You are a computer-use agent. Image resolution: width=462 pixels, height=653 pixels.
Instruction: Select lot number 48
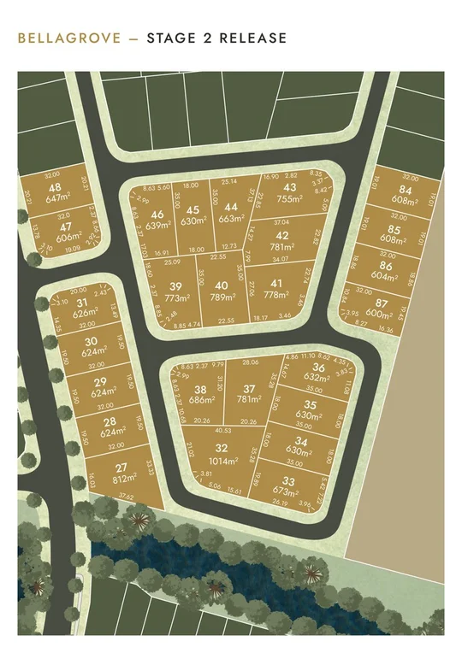55,188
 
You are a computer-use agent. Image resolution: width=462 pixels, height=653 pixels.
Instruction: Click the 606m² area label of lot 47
58,239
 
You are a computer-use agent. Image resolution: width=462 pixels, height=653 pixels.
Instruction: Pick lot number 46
156,215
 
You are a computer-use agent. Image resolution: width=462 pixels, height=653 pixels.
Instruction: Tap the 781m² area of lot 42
282,247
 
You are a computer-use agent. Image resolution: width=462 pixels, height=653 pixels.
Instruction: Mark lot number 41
275,283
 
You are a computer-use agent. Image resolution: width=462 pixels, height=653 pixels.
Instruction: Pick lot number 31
82,303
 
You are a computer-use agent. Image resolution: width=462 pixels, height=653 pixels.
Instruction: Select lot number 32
222,448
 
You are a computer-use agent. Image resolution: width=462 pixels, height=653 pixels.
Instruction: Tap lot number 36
318,368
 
